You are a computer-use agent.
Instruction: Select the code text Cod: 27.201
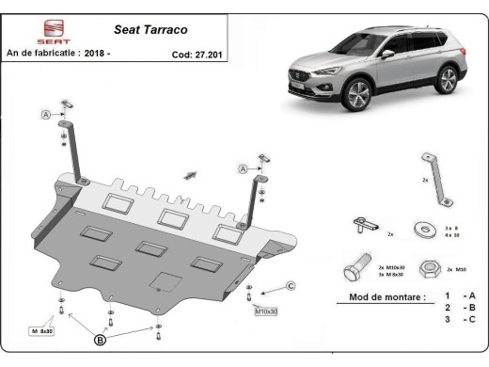tap(196, 54)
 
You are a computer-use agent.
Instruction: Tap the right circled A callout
tap(242, 168)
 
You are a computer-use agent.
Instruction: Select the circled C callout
tap(291, 285)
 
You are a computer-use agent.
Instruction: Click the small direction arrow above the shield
tap(191, 174)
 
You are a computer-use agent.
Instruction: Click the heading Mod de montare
tap(380, 296)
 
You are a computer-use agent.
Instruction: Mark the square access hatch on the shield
tap(166, 279)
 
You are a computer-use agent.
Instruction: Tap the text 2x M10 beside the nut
tap(459, 269)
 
